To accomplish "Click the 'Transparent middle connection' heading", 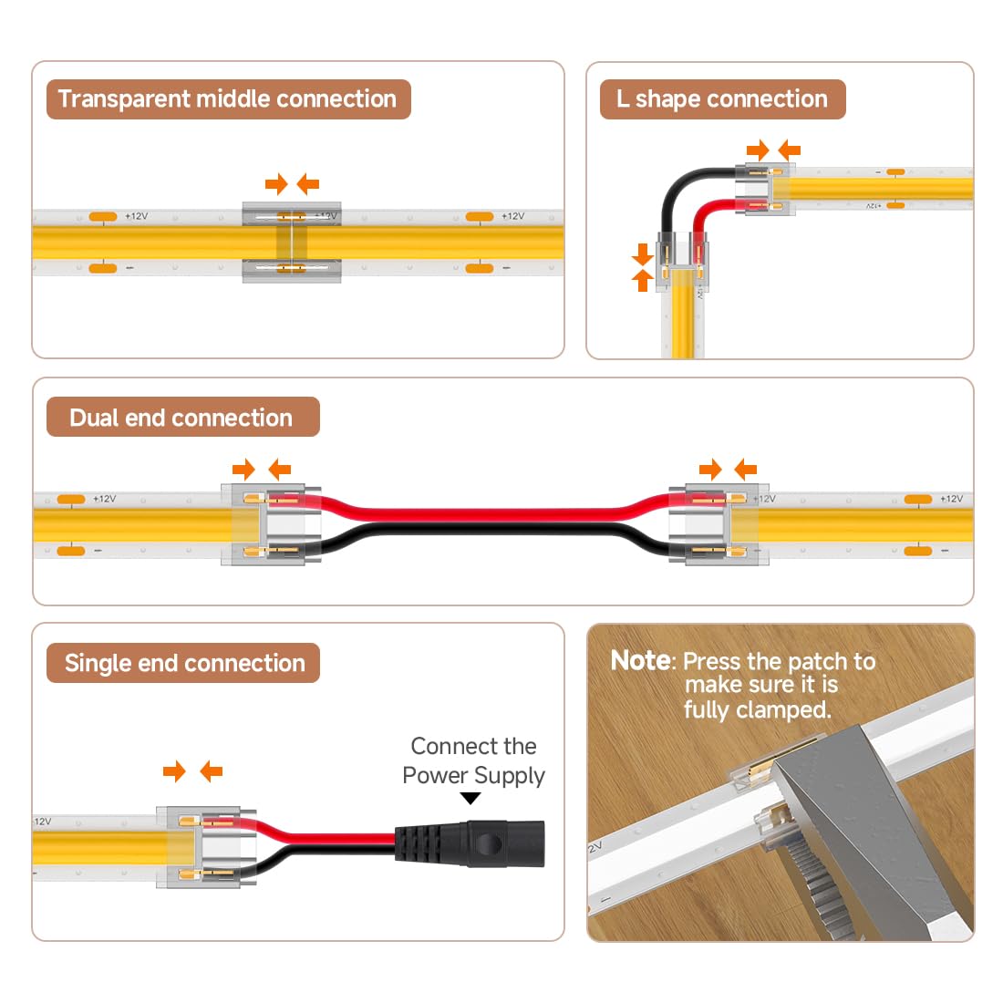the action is pos(227,99).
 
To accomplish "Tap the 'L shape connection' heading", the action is pos(721,99).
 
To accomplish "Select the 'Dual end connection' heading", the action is pos(181,418).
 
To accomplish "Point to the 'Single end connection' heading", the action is pos(185,663).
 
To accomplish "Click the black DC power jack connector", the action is pos(470,843).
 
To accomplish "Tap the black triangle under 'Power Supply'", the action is pos(470,799).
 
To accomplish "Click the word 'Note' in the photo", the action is pos(640,660).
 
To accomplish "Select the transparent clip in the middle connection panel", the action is pos(291,243).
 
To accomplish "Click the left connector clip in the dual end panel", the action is pos(271,524).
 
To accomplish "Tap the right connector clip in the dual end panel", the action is pos(719,524).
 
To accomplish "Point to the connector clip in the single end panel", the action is pos(206,847).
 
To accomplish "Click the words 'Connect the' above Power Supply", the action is pos(473,746).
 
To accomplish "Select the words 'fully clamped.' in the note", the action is pos(758,710).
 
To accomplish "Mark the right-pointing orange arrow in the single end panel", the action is pos(174,771).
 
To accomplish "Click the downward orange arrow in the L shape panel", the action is pos(642,254).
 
